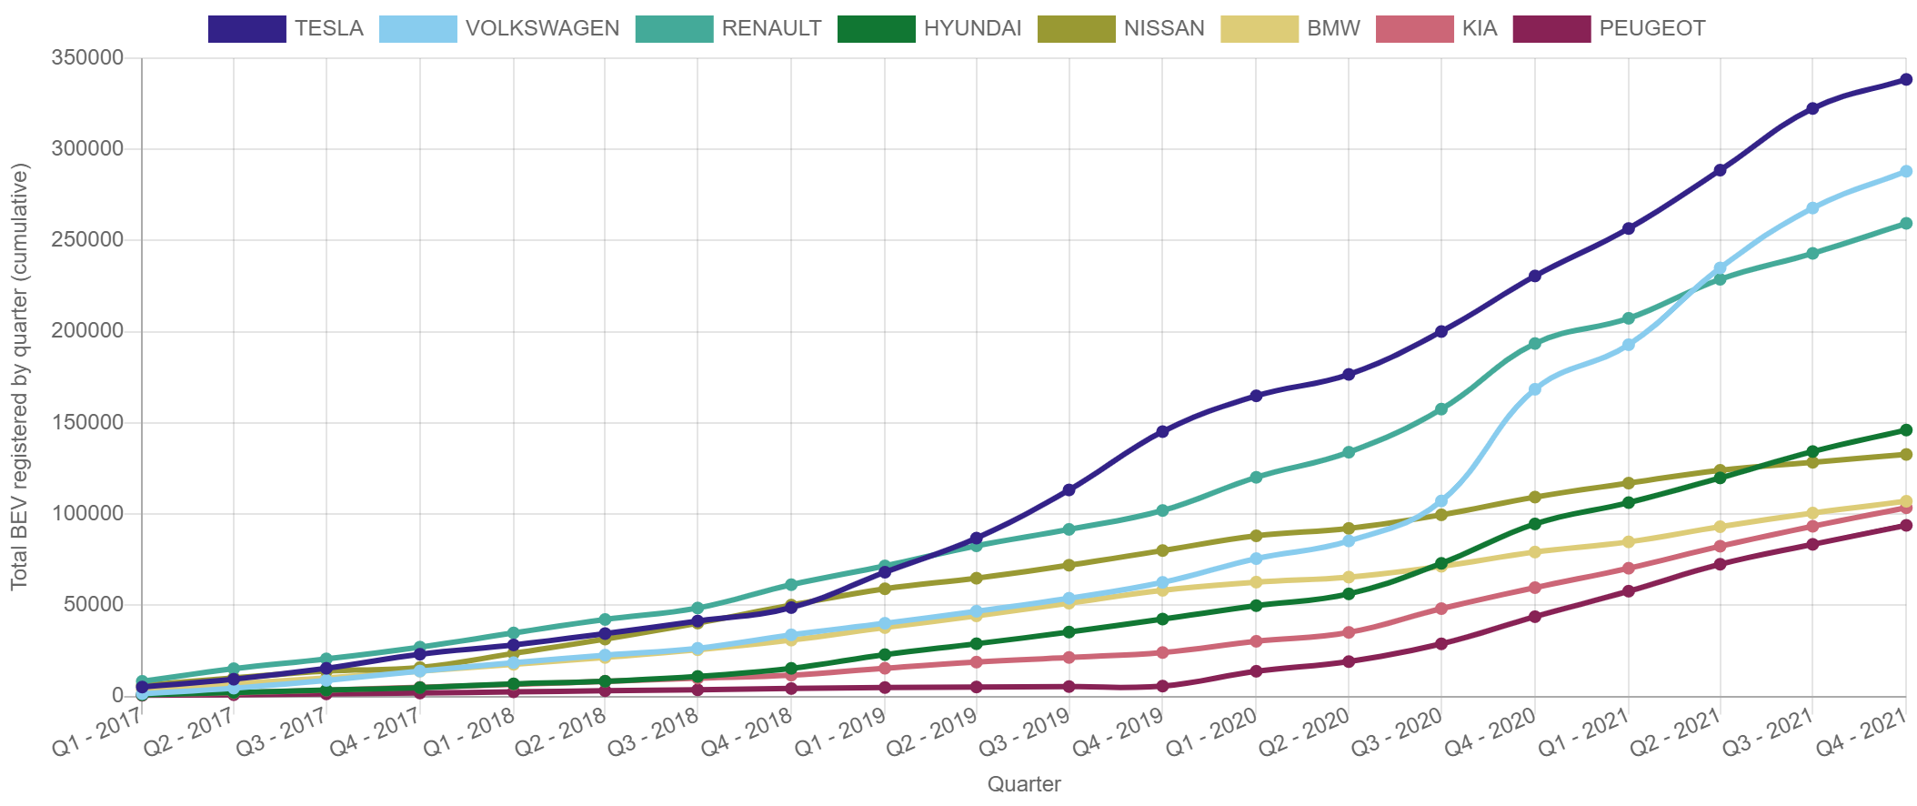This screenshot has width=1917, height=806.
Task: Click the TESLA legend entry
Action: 286,28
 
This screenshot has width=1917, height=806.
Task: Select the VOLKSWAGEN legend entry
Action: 499,28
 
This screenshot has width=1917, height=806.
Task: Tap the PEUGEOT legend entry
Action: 1610,28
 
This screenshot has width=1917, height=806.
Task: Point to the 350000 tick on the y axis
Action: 87,57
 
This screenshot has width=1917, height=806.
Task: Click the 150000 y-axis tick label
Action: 87,422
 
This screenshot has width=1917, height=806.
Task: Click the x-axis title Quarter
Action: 1024,784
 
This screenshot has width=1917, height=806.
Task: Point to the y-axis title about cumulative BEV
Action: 20,377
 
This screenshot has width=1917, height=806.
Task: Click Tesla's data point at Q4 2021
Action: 1906,80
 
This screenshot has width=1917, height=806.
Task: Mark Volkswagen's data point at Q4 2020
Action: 1535,389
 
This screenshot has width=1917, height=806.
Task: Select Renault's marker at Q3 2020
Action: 1441,409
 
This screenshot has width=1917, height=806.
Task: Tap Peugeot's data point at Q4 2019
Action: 1162,686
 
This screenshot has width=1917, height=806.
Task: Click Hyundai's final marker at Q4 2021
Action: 1906,430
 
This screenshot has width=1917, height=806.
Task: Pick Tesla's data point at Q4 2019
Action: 1162,432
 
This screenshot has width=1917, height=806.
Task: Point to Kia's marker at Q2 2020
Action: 1349,632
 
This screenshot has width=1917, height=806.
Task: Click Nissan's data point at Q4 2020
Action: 1535,497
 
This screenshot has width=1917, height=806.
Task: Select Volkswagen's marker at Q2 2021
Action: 1720,268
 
